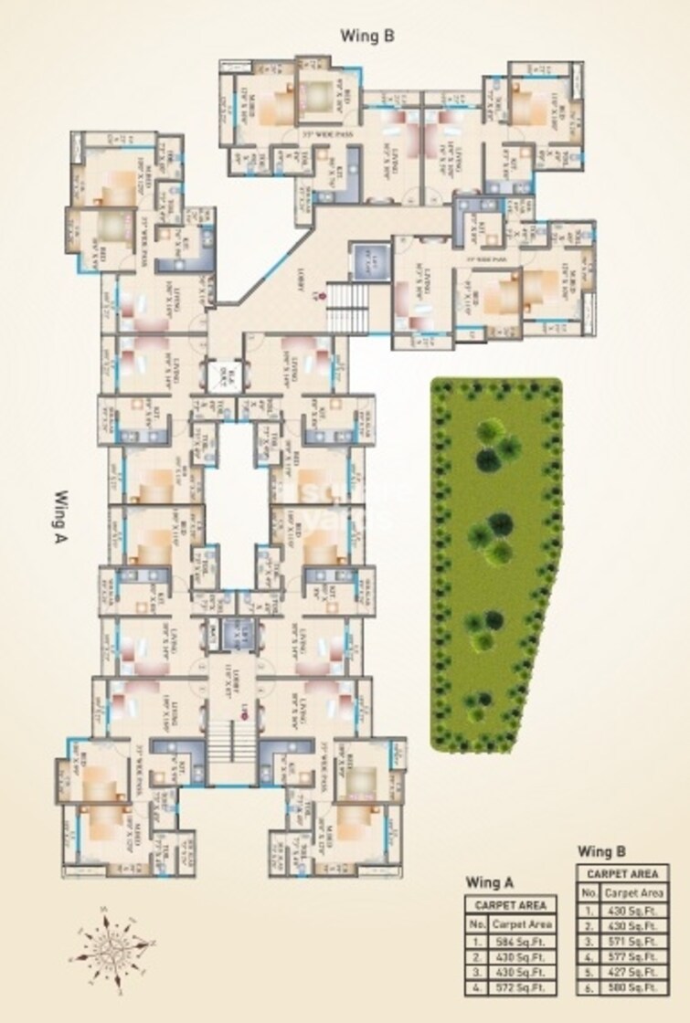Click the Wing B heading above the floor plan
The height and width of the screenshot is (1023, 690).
(x=366, y=36)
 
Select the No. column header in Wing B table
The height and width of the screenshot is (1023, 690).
(x=589, y=892)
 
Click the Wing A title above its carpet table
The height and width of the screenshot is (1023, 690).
(x=489, y=883)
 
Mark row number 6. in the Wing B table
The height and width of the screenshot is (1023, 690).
(x=589, y=988)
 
